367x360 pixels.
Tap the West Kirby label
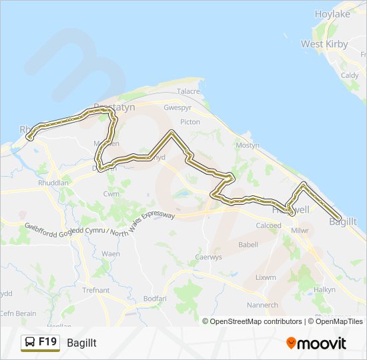click(x=321, y=44)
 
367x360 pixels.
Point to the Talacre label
click(x=188, y=91)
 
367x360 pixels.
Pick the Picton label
click(x=190, y=122)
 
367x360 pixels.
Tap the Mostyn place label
click(x=248, y=145)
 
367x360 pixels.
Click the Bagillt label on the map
click(x=344, y=221)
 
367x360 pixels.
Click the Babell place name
click(x=248, y=245)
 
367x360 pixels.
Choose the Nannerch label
click(x=262, y=305)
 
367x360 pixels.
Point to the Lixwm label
click(x=265, y=277)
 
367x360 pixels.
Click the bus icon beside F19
click(x=30, y=343)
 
